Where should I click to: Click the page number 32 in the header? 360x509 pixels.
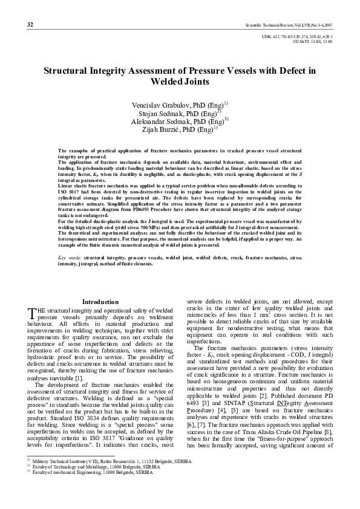pyautogui.click(x=30, y=24)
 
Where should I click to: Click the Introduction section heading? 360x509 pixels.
pyautogui.click(x=100, y=302)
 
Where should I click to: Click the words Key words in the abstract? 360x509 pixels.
pyautogui.click(x=70, y=258)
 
